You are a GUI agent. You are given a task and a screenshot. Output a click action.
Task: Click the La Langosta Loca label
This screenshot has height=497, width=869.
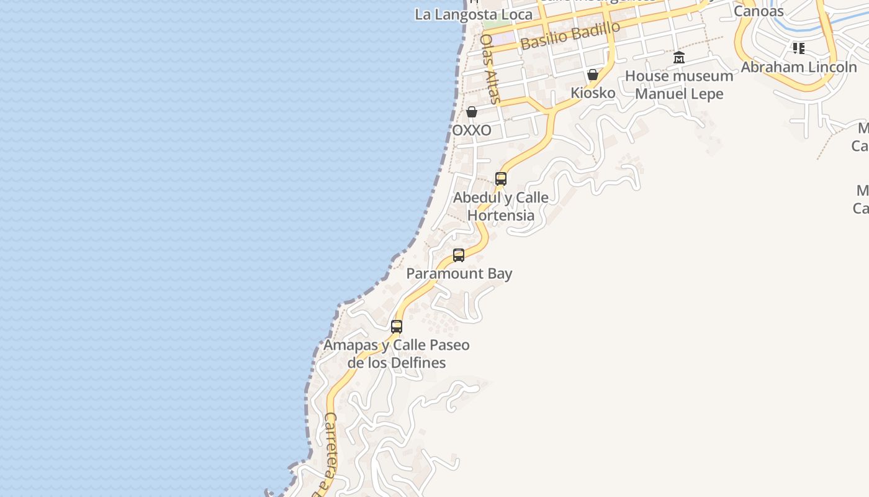pos(474,14)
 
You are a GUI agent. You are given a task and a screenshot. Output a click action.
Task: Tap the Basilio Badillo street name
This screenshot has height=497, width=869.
pos(570,35)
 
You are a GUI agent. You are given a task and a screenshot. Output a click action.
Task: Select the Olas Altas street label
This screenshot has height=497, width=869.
pos(490,68)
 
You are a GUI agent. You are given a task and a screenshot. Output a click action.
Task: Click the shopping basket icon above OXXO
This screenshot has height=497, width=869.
pos(472,112)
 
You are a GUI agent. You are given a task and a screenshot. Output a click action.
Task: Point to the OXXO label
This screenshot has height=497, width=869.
pos(472,130)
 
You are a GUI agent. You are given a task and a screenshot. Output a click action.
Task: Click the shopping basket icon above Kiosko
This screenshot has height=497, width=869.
pos(593,75)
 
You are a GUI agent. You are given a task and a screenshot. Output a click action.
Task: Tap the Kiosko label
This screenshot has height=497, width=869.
pos(593,93)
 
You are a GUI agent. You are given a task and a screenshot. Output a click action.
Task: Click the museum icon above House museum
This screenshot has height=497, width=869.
pos(679,58)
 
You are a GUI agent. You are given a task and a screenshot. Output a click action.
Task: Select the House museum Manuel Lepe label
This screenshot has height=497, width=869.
pos(679,85)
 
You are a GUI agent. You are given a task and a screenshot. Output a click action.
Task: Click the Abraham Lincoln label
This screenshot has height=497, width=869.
pos(799,67)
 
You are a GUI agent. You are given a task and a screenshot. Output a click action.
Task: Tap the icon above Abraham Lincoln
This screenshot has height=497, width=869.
pos(799,48)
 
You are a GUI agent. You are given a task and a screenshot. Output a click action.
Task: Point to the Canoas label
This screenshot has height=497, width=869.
pos(759,11)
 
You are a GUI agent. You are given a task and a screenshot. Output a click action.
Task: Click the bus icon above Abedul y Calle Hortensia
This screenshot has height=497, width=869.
pos(501,179)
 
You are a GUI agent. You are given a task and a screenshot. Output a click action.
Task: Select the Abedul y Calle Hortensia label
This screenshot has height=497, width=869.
pos(501,206)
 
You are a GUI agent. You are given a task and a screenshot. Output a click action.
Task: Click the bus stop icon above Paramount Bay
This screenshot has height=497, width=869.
pos(459,255)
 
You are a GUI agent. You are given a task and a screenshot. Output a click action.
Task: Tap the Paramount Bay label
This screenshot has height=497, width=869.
pos(459,273)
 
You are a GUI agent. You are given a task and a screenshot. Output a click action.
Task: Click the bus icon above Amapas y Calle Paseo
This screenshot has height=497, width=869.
pos(397,326)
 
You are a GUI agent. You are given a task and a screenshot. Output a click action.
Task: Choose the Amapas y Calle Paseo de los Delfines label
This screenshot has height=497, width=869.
pos(397,353)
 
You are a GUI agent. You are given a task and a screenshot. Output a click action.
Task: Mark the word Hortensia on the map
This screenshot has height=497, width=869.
pos(501,216)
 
